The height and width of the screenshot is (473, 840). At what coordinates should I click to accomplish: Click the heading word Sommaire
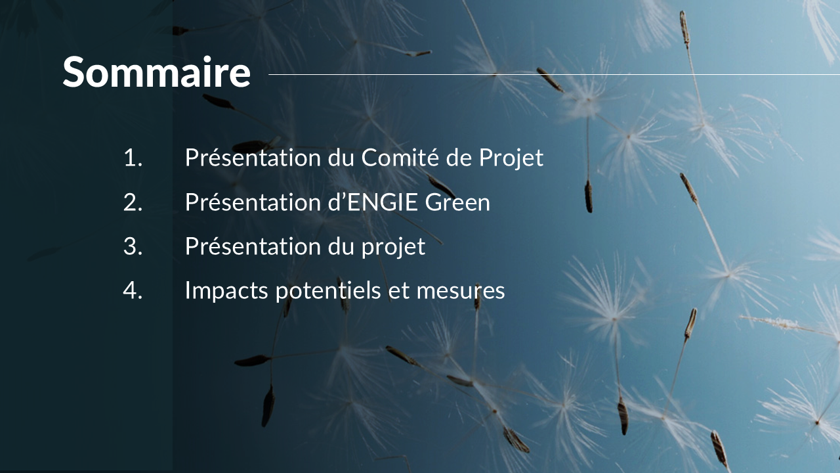tap(156, 72)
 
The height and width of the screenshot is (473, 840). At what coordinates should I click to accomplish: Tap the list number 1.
tap(133, 158)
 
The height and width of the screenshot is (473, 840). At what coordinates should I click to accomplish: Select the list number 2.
tap(133, 202)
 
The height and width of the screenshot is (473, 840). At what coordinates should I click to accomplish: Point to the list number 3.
tap(133, 246)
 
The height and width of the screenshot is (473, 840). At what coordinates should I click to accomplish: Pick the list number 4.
tap(133, 290)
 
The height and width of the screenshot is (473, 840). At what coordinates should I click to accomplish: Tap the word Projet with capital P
tap(511, 158)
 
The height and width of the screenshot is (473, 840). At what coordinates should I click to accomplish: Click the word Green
tap(457, 202)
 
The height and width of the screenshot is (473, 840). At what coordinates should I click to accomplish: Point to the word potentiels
tap(328, 291)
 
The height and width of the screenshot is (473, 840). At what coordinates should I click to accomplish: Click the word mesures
tap(461, 292)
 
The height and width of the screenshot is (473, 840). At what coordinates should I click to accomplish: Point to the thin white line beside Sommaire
tap(555, 75)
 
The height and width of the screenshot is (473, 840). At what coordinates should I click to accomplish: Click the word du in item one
tap(341, 158)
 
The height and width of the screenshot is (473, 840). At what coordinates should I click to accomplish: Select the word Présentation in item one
tap(253, 158)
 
